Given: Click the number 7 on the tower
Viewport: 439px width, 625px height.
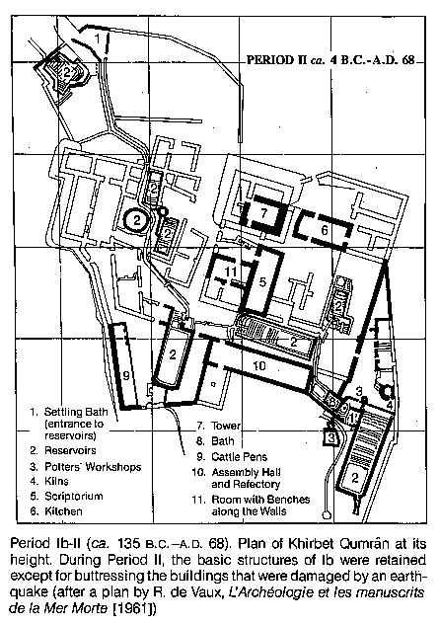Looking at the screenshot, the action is pyautogui.click(x=263, y=213).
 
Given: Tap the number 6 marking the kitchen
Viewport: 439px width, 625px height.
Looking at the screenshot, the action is pyautogui.click(x=325, y=230).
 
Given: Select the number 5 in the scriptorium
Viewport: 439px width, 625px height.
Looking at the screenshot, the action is pyautogui.click(x=262, y=281).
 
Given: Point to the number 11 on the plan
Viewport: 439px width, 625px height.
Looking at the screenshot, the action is pyautogui.click(x=231, y=272).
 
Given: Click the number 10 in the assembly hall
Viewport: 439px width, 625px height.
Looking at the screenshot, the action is pyautogui.click(x=259, y=365).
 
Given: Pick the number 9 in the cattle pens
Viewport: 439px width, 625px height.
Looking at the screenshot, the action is pyautogui.click(x=126, y=375).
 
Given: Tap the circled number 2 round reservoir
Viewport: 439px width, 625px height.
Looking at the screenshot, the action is pyautogui.click(x=137, y=219).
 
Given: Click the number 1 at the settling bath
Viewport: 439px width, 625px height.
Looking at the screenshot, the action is pyautogui.click(x=98, y=39).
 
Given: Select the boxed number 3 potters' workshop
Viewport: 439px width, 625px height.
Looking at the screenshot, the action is pyautogui.click(x=331, y=437).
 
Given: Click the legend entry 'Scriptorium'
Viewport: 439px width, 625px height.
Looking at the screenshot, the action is pyautogui.click(x=74, y=497).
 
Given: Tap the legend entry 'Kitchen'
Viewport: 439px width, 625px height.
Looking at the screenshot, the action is pyautogui.click(x=63, y=511).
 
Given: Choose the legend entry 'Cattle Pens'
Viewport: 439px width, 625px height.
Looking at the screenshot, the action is pyautogui.click(x=239, y=457).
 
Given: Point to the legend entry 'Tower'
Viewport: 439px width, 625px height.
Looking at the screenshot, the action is pyautogui.click(x=226, y=426).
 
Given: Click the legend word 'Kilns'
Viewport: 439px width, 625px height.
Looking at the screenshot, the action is pyautogui.click(x=56, y=481).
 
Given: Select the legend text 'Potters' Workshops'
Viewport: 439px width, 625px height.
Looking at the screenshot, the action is pyautogui.click(x=93, y=466).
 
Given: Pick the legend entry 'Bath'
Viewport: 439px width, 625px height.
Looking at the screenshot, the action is pyautogui.click(x=223, y=441).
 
